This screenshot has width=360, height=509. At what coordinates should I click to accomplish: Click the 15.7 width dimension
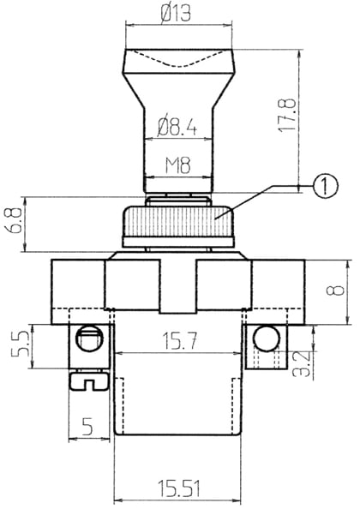pos(178,341)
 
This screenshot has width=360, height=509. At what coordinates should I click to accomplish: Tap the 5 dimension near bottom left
pos(87,423)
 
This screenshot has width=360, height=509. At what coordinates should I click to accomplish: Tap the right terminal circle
pos(267,338)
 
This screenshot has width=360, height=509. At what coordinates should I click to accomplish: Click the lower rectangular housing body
pos(178,394)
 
